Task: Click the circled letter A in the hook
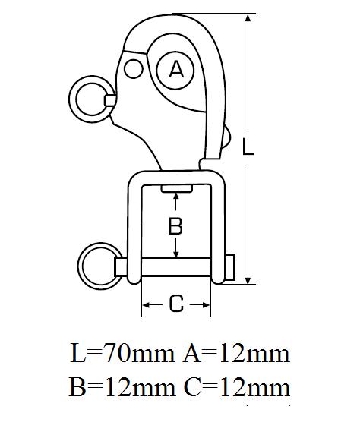click(175, 70)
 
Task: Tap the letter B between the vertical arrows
click(175, 225)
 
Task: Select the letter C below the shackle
click(176, 304)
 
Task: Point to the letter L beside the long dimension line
click(248, 147)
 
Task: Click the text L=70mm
click(122, 354)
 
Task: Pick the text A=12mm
click(236, 354)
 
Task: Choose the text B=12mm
click(122, 387)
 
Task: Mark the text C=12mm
click(237, 387)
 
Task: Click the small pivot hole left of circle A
click(134, 69)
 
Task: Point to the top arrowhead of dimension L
click(248, 19)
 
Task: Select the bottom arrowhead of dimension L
click(248, 279)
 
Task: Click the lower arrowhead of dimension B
click(175, 253)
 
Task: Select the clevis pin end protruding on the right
click(230, 266)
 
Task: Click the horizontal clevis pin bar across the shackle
click(175, 266)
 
